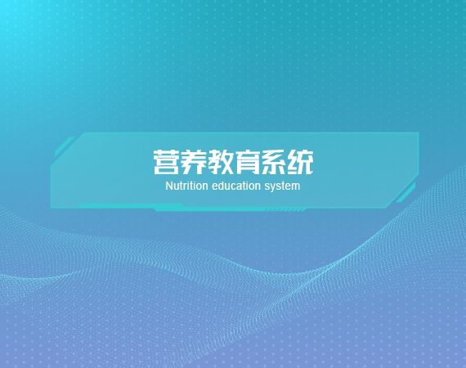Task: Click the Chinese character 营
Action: (166, 162)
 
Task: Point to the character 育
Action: (247, 162)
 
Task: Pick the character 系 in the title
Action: (274, 162)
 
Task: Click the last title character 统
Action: (301, 162)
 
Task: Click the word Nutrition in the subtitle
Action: (186, 186)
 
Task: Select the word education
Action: (236, 186)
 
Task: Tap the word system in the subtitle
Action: (282, 187)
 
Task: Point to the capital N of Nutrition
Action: (168, 186)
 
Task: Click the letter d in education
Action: (221, 186)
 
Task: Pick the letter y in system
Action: (273, 188)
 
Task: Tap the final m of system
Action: (296, 187)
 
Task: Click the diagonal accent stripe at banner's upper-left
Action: (65, 146)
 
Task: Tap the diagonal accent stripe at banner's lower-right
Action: (406, 193)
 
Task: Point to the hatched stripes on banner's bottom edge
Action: (285, 210)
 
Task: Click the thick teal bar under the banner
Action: (208, 209)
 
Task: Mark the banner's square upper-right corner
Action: (418, 132)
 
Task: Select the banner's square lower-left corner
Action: (52, 207)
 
